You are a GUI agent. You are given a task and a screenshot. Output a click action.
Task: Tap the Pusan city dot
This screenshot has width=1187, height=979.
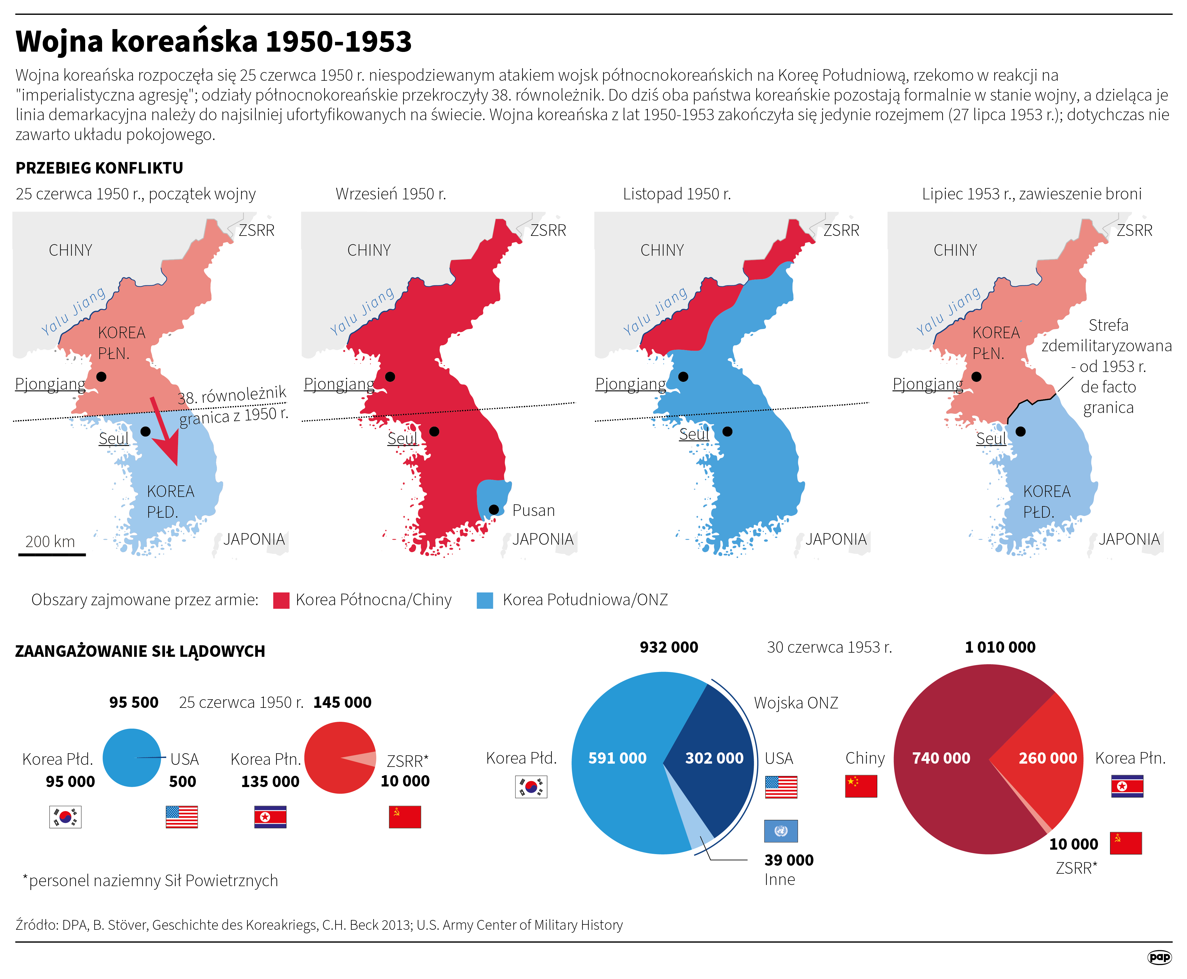tap(493, 510)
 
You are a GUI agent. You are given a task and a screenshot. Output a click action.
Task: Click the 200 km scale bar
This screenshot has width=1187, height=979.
tap(52, 554)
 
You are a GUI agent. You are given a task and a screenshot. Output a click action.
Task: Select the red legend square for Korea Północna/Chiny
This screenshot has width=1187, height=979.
tap(281, 600)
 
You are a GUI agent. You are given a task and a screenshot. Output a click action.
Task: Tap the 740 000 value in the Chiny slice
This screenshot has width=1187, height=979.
tap(941, 758)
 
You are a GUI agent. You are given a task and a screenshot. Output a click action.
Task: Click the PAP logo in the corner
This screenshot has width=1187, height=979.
tap(1159, 957)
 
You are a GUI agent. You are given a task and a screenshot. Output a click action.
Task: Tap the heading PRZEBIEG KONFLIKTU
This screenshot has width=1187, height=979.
tap(99, 168)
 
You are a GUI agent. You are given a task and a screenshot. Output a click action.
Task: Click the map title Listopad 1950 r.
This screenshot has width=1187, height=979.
tap(676, 194)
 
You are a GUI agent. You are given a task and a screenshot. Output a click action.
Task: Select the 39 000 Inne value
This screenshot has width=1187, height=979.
tap(789, 860)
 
